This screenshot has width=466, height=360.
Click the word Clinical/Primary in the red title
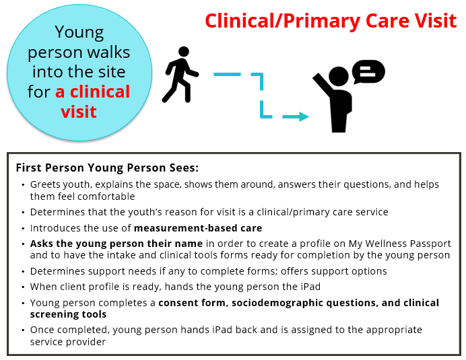[282, 22]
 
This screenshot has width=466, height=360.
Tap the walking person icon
[180, 75]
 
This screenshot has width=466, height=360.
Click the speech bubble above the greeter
[368, 72]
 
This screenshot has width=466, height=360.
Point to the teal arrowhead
[304, 116]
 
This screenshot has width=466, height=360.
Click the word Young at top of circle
[79, 32]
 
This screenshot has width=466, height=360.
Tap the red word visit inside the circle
[79, 112]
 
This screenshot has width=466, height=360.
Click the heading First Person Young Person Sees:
[107, 168]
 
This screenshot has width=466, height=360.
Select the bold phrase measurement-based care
[198, 228]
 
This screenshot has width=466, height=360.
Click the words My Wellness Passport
[400, 244]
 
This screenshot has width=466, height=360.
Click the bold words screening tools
[69, 314]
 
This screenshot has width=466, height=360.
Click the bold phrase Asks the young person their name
[116, 244]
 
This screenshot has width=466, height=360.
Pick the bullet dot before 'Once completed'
[23, 330]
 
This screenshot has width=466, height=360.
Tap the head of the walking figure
[183, 51]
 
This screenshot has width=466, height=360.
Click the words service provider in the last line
[68, 342]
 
